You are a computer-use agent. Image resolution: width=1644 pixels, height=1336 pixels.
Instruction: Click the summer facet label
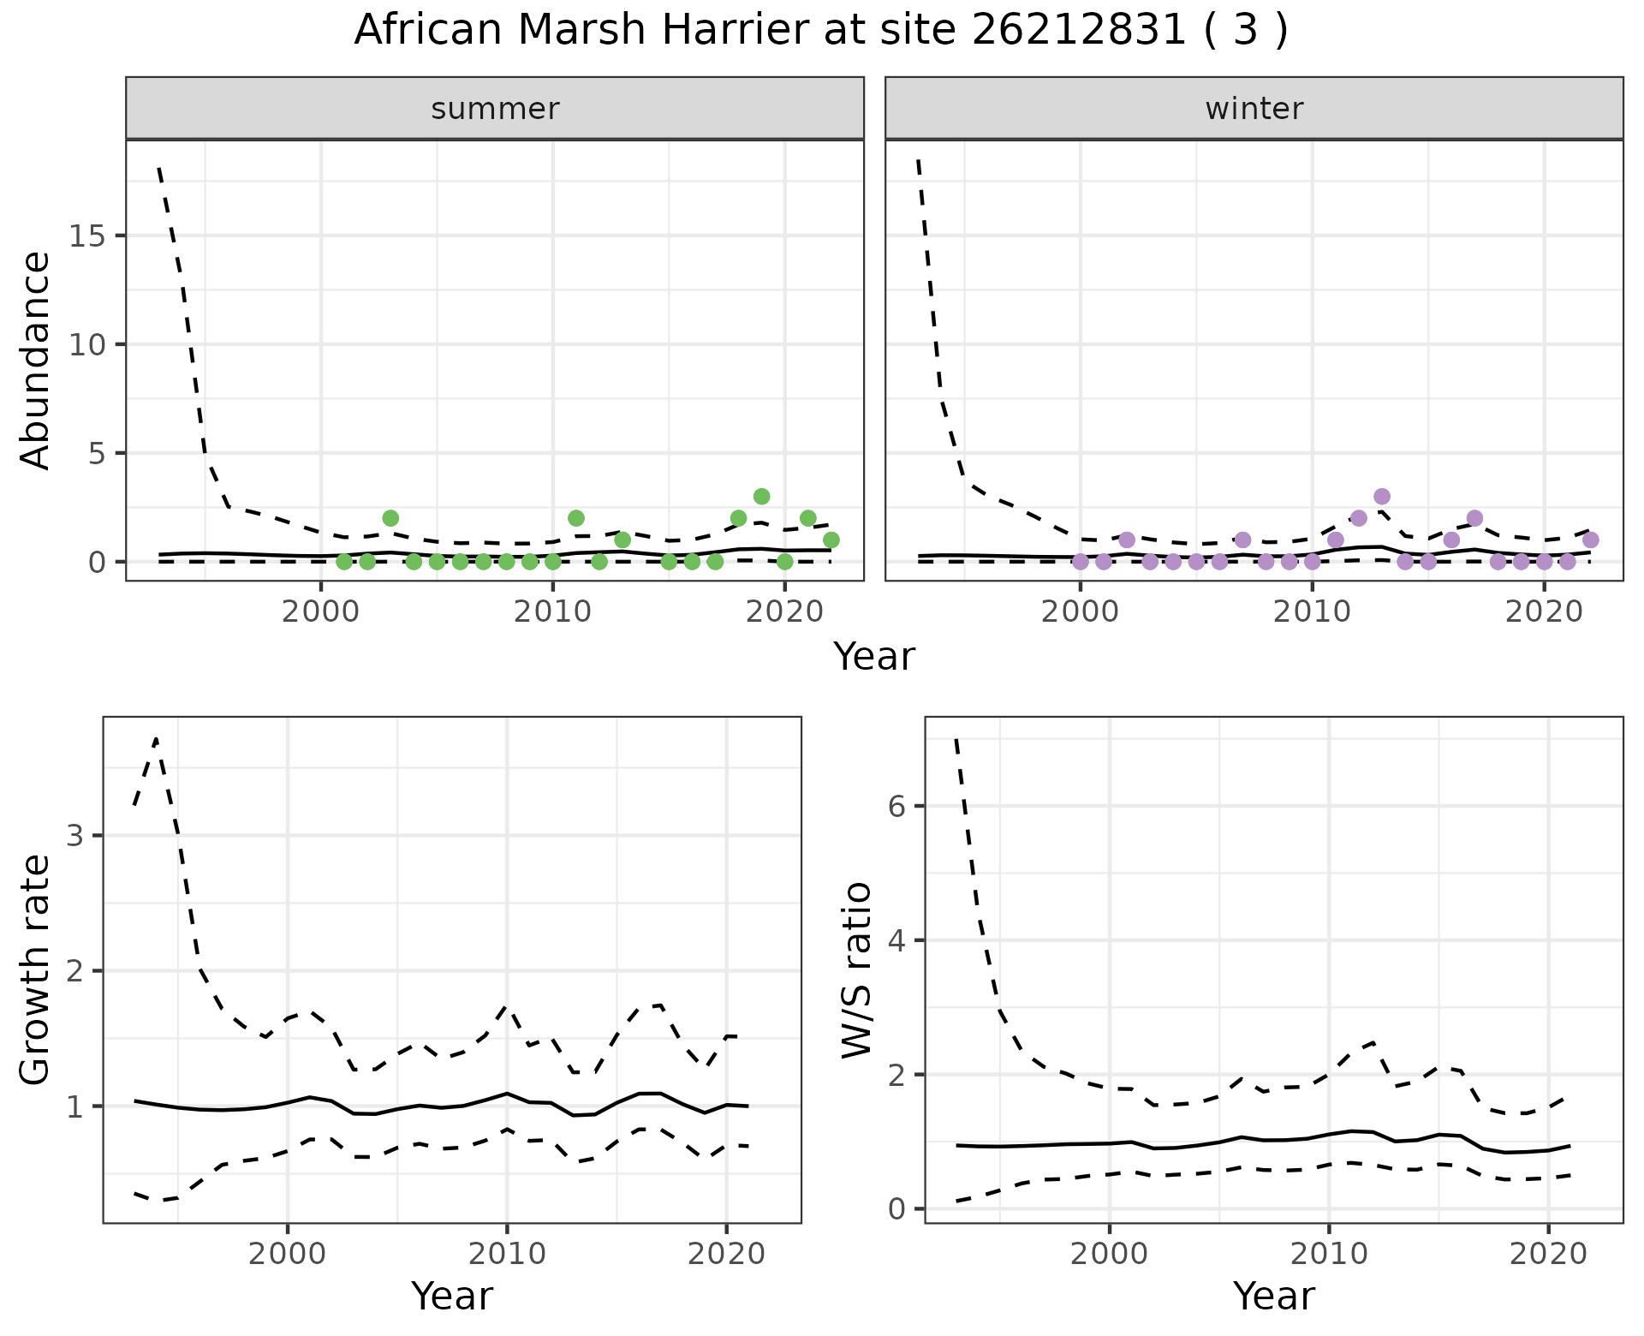495,109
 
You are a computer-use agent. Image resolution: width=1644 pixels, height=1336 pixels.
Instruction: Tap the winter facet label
1254,109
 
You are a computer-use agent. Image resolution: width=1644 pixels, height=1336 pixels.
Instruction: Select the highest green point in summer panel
761,496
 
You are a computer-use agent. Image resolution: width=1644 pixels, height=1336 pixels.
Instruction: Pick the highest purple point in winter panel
1381,496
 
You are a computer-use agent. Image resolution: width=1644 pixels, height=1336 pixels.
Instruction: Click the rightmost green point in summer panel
831,540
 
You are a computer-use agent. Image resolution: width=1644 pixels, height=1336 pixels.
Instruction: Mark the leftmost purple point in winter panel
1080,562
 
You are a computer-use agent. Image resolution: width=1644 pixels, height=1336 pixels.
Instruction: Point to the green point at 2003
390,518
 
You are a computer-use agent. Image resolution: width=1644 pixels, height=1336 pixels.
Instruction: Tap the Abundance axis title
36,360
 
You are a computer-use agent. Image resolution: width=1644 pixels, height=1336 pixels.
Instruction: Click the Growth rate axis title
36,970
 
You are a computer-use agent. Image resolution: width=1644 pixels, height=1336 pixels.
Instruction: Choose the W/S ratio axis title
856,970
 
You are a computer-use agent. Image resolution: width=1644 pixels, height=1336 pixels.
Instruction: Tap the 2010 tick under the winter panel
1312,613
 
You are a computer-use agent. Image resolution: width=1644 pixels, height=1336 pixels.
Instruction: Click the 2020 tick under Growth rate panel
726,1255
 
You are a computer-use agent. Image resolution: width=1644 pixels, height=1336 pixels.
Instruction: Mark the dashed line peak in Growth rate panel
156,738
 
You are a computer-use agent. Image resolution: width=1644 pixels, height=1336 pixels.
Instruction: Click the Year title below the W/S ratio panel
1273,1297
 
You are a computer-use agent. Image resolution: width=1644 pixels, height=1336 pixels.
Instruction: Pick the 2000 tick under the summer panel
321,613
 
